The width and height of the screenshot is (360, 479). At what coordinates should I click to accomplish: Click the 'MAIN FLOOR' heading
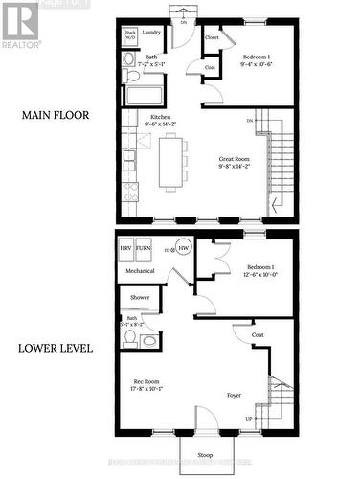[56, 115]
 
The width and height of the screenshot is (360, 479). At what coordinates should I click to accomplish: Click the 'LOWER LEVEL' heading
[56, 348]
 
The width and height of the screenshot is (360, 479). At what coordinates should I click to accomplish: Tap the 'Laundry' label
[151, 33]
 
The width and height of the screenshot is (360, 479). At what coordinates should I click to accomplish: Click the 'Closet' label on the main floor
[211, 37]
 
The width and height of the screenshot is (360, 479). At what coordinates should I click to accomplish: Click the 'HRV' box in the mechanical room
[125, 248]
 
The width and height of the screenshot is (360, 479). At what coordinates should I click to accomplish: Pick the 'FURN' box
[143, 248]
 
